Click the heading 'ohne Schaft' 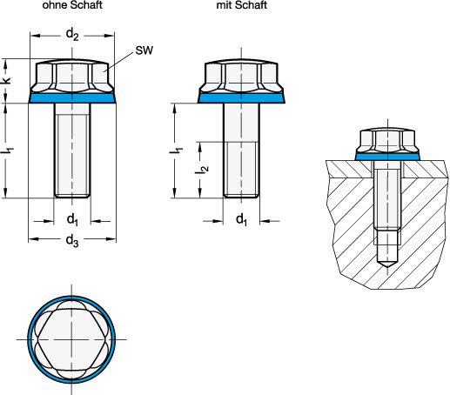(72, 5)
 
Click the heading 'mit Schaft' (242, 5)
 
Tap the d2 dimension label (72, 35)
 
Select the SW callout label (144, 50)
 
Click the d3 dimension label (72, 241)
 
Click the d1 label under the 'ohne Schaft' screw (72, 219)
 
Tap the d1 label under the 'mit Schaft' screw (241, 219)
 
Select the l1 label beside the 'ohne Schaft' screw (9, 151)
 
